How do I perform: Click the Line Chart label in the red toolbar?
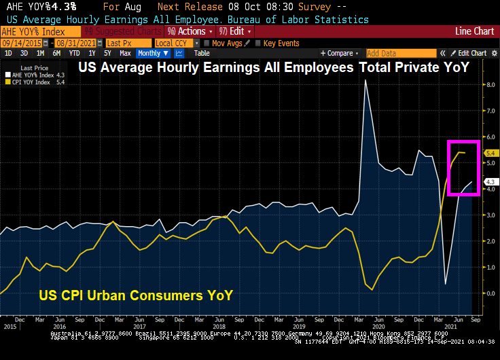(x=474, y=31)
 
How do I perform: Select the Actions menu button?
(x=190, y=31)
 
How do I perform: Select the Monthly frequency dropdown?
(x=151, y=53)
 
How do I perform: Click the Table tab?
(x=202, y=53)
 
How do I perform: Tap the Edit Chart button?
(x=471, y=53)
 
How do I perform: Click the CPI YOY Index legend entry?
(x=34, y=83)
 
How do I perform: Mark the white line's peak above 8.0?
(x=366, y=80)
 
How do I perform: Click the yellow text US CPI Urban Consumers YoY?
(x=133, y=295)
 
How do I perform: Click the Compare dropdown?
(x=340, y=53)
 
